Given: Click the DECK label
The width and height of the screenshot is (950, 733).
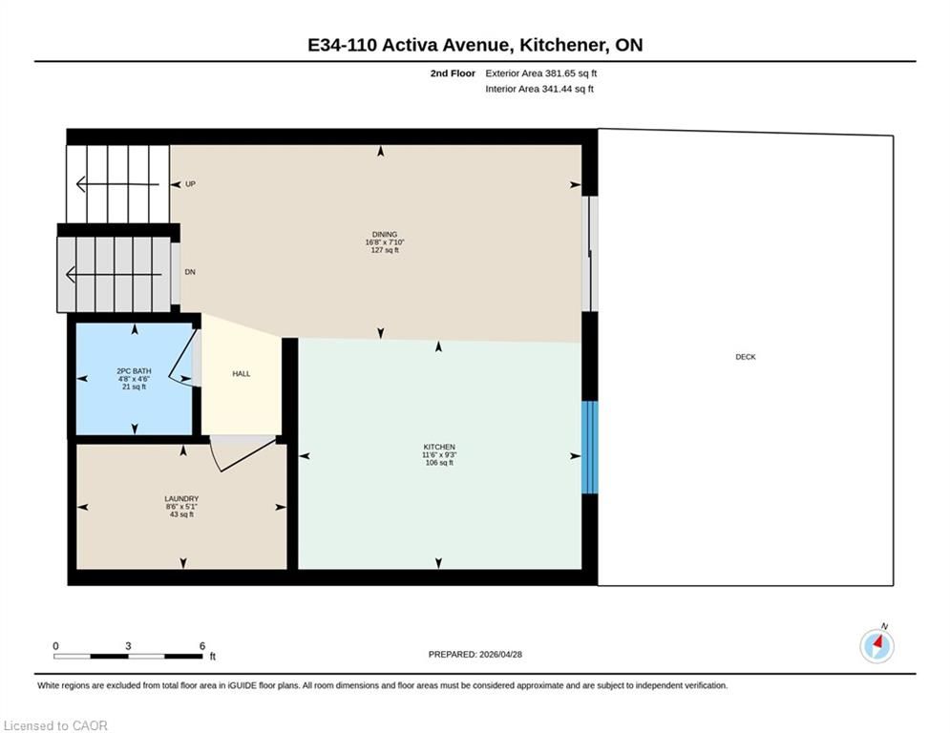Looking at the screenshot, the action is tap(746, 357).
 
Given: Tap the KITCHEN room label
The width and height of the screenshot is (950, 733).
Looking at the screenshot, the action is tap(438, 447).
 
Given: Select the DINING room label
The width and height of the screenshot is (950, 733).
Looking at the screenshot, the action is tap(385, 235).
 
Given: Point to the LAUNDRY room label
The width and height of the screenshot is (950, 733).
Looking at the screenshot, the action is tap(181, 498).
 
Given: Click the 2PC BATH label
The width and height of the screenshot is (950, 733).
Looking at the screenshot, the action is tap(134, 370).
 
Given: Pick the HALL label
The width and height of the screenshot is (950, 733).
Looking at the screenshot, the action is tap(242, 374).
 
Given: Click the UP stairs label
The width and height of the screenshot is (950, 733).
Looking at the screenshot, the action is tap(190, 184).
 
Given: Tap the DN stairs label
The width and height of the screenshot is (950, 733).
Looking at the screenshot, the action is tap(190, 272).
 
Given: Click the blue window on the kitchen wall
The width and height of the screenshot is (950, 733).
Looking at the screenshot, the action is tap(589, 447).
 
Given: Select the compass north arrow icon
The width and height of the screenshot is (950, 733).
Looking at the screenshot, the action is tap(876, 645).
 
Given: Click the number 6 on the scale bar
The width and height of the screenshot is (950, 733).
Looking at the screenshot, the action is tap(202, 646).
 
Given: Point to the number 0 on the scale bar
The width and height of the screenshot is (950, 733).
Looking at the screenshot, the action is tap(55, 646).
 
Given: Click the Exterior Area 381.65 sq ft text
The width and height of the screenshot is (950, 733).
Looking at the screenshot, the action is tap(541, 73).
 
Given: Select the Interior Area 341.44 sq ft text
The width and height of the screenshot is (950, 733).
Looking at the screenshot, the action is tap(539, 89).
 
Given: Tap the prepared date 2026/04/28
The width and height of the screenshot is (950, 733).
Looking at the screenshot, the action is tap(500, 654).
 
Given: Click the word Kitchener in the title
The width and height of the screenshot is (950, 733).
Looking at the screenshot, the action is tap(564, 45).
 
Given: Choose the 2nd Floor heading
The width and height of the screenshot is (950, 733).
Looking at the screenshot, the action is tap(453, 73).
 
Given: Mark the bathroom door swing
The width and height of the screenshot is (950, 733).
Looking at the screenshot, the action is tap(183, 358).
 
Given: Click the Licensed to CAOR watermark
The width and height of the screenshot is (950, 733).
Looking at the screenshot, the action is tap(55, 725).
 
